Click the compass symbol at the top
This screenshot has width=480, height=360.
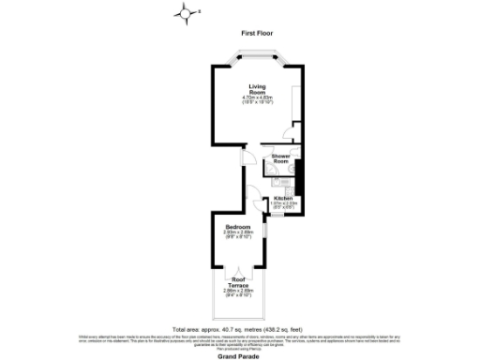(187, 12)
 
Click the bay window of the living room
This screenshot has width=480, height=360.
(257, 56)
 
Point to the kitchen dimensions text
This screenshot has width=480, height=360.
(285, 205)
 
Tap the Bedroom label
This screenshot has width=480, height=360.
(237, 227)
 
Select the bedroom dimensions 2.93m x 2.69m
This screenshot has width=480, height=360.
(237, 232)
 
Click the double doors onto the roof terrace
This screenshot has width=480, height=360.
(237, 272)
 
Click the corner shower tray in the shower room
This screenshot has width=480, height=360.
(293, 149)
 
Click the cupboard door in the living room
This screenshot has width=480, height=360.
(294, 124)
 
